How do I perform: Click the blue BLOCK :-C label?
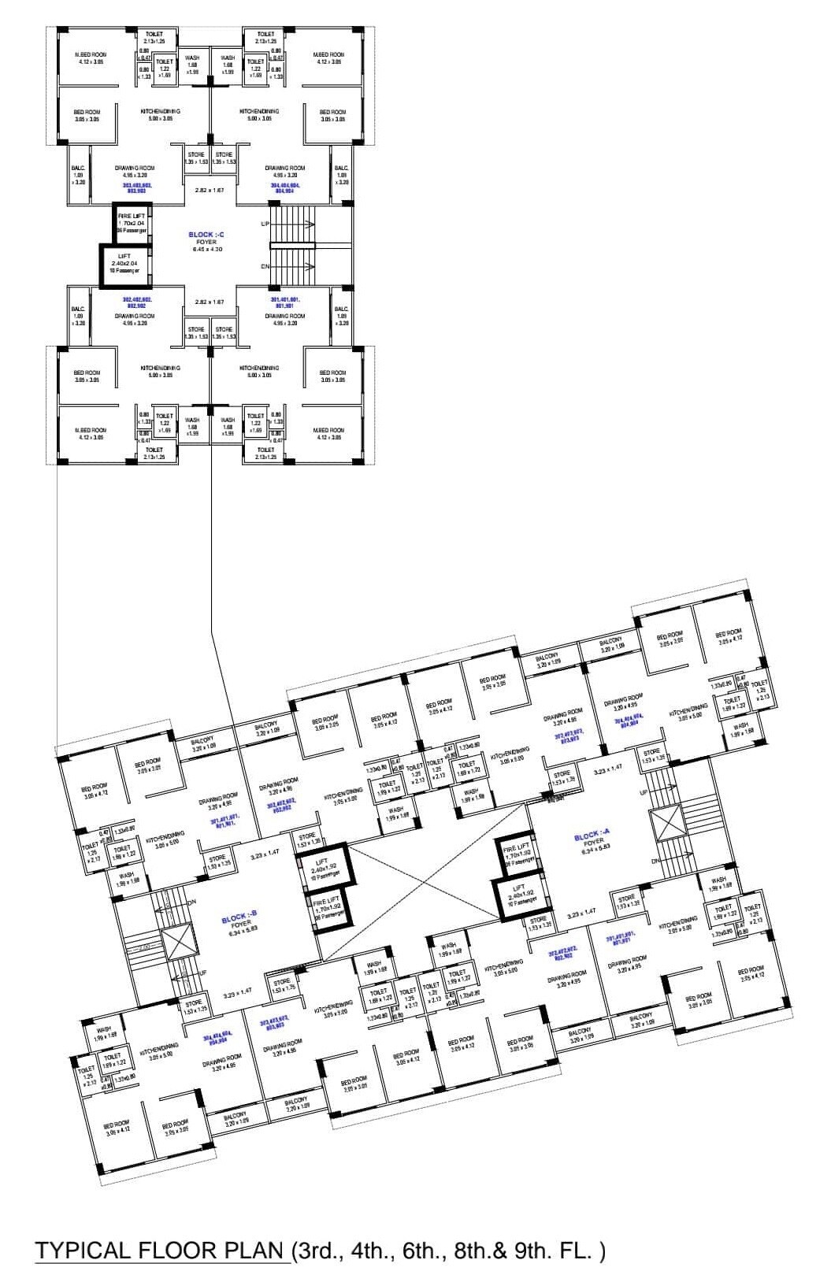(x=206, y=235)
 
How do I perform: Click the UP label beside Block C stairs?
(x=265, y=224)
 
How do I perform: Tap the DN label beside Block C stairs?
(x=265, y=266)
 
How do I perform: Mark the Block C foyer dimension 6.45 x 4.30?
(x=207, y=250)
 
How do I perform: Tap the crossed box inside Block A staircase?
(x=667, y=823)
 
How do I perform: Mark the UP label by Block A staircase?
(x=644, y=792)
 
